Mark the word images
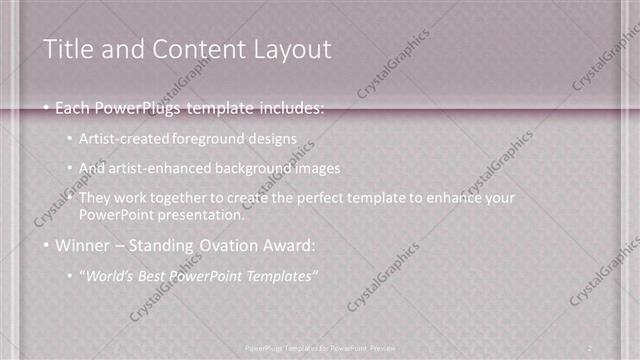click(307, 168)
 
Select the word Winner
click(82, 245)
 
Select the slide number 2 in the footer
click(591, 346)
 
